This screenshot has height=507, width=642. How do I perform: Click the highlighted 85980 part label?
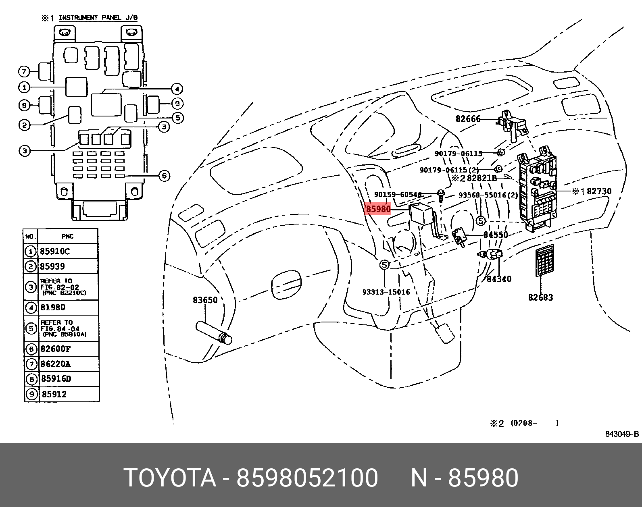378,209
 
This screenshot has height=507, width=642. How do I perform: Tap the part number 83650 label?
205,300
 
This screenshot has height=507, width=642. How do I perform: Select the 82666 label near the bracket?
468,119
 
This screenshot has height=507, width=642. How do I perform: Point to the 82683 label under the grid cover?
540,297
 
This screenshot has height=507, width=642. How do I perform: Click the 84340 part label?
499,278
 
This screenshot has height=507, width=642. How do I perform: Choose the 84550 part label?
496,235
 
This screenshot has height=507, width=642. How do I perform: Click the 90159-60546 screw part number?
398,194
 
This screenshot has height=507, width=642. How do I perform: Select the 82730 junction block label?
599,191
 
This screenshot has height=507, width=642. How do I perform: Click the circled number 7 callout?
24,72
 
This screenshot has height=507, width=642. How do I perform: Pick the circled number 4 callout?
176,89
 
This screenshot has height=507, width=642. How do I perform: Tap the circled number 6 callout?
164,176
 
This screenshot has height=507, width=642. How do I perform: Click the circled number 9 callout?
177,104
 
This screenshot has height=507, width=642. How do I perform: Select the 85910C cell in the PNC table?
55,251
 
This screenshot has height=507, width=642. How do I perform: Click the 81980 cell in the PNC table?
53,308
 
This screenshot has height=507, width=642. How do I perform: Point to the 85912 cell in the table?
54,394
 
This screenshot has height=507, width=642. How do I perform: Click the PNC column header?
67,236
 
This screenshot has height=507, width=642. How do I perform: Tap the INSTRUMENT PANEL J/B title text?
98,18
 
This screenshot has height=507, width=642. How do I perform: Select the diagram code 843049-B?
622,434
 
